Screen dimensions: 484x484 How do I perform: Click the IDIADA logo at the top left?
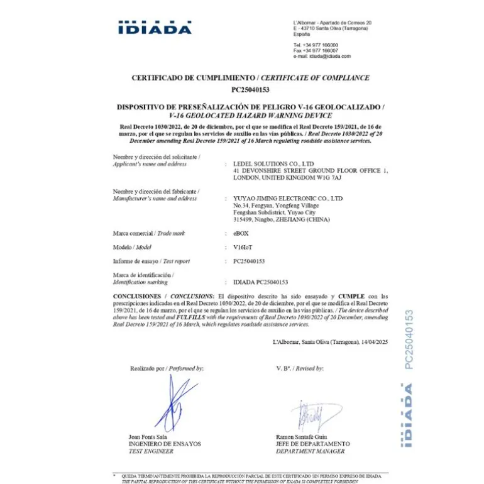[x=155, y=28]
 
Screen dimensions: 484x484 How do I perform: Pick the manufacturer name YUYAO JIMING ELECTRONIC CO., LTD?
[x=288, y=199]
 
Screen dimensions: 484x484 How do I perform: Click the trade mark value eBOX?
[x=241, y=233]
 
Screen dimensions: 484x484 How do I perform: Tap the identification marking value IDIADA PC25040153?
[x=260, y=282]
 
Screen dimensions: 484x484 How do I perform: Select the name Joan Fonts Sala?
[x=148, y=436]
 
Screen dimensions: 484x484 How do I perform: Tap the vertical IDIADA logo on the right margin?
[x=409, y=415]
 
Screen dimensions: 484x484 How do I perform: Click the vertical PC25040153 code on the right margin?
[x=408, y=339]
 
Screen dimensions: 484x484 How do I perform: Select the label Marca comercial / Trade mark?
[x=149, y=233]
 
